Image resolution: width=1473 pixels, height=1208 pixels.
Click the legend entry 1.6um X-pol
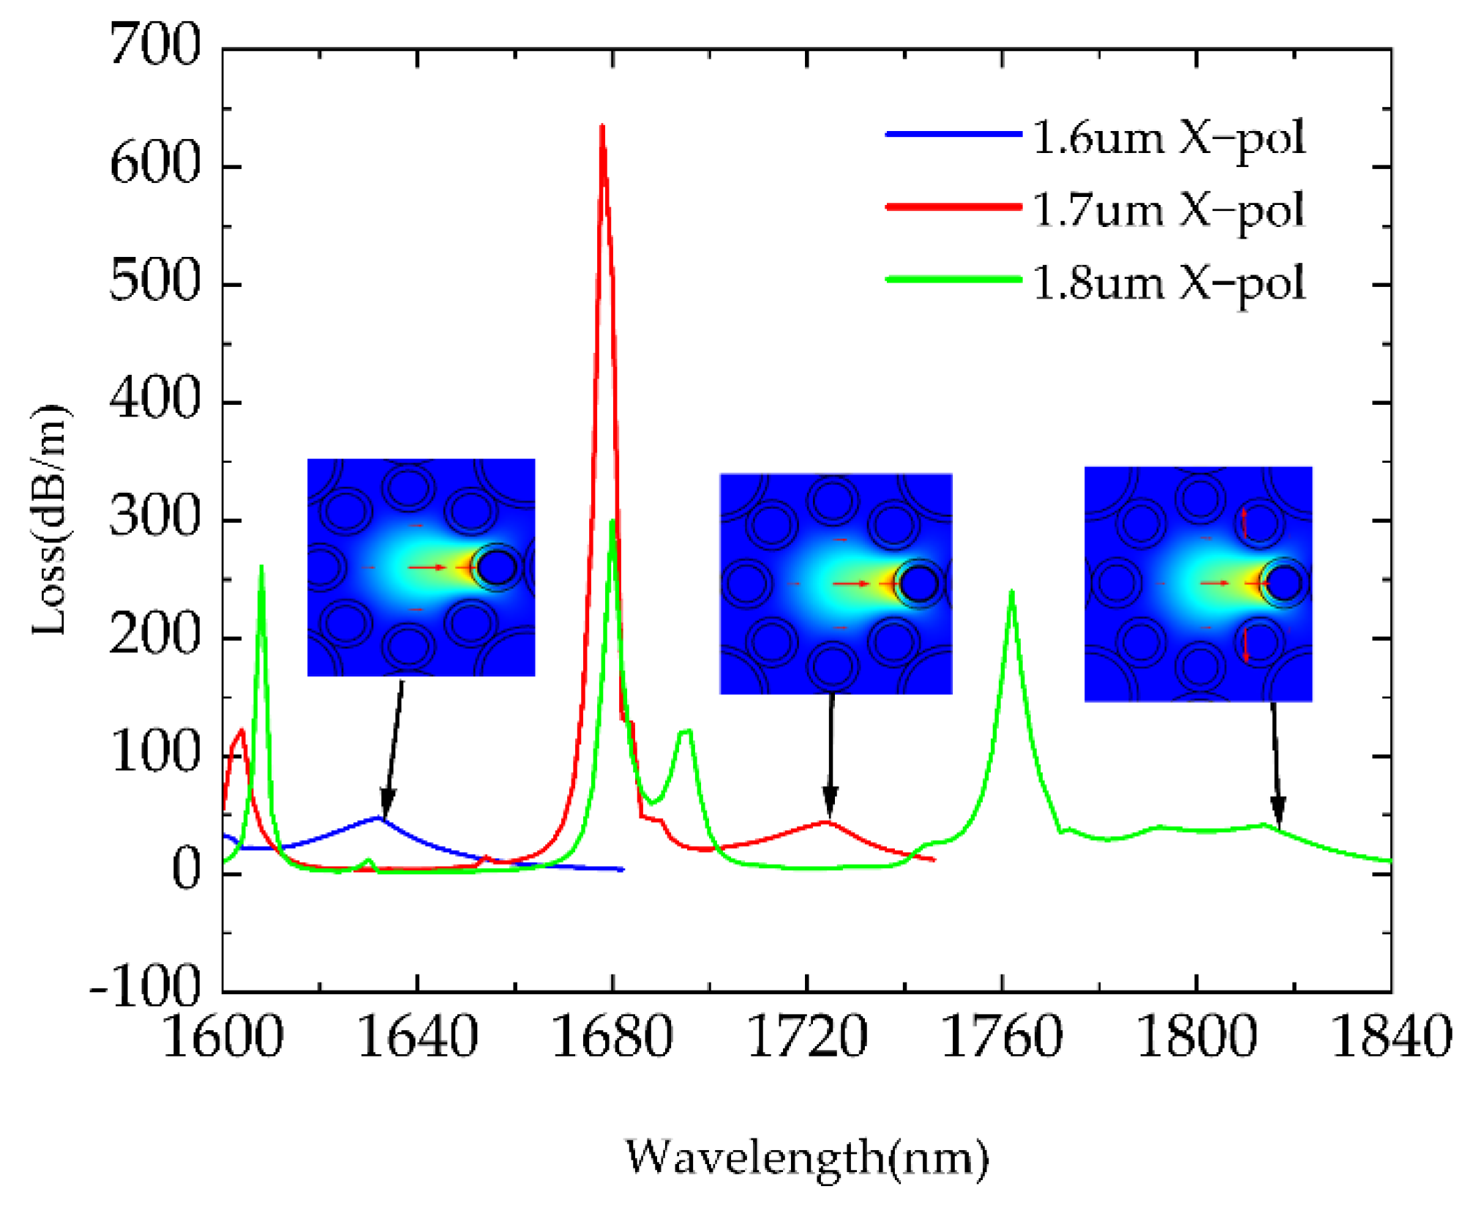point(1169,138)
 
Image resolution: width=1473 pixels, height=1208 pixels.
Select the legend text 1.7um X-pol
point(1169,210)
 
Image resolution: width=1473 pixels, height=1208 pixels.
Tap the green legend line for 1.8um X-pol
point(953,279)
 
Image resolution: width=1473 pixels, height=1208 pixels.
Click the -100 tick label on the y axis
point(145,988)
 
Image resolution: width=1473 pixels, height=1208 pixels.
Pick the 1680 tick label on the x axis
point(612,1037)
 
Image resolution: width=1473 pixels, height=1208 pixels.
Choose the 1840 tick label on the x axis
point(1390,1037)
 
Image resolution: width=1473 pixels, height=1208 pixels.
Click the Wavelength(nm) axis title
point(806,1158)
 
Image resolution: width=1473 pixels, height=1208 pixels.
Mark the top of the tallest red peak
point(602,127)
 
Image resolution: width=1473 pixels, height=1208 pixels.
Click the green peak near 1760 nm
point(1012,592)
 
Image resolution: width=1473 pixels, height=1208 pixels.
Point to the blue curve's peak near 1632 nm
point(380,817)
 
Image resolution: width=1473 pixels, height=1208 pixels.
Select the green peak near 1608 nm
point(261,567)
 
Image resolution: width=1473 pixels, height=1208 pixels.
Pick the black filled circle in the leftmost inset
point(497,567)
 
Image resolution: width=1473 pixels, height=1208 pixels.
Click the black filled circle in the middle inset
point(919,584)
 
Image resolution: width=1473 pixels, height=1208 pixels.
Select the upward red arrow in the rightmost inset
point(1244,521)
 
